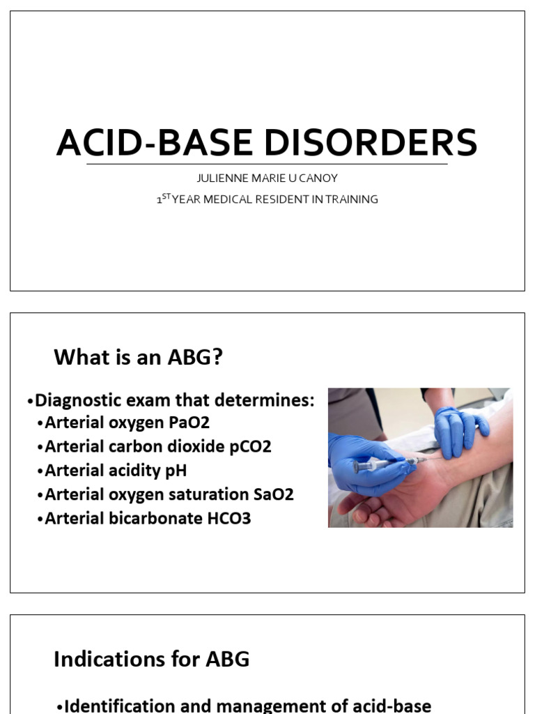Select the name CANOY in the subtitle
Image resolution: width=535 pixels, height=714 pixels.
(x=320, y=178)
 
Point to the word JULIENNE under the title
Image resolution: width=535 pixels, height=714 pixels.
(x=221, y=178)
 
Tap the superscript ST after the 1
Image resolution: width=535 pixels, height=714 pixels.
(x=166, y=197)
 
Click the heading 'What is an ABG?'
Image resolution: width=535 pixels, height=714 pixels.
(x=138, y=358)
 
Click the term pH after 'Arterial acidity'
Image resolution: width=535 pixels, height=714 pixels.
(x=176, y=471)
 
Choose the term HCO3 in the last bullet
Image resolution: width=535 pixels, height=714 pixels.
(x=227, y=519)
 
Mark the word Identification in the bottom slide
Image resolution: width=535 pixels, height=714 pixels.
(x=116, y=706)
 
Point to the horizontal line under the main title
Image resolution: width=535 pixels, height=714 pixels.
(x=267, y=165)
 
